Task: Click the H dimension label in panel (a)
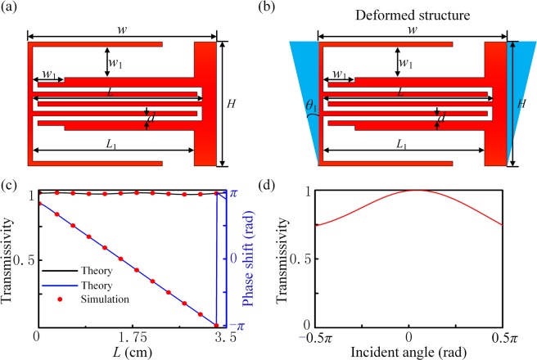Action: coord(232,103)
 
